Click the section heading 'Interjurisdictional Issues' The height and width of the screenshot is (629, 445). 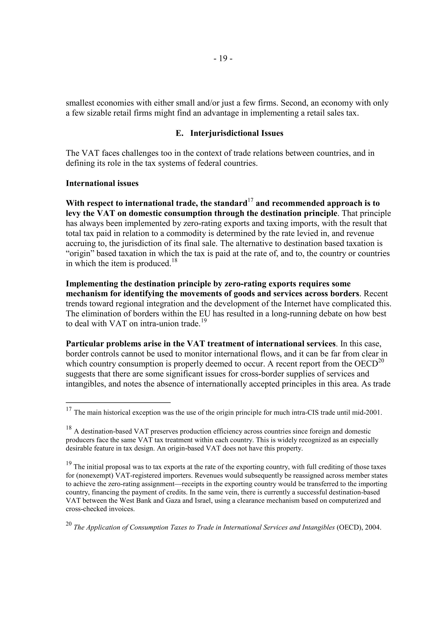click(x=236, y=133)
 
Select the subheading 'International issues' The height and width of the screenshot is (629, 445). click(x=102, y=183)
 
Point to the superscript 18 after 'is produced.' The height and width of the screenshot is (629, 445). click(x=174, y=261)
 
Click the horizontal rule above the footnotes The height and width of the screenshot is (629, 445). click(x=118, y=402)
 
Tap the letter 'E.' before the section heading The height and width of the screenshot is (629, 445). click(x=179, y=133)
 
